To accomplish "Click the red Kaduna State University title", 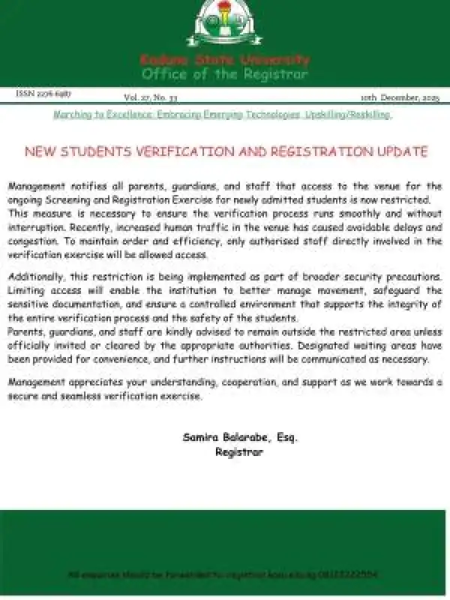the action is (x=224, y=60).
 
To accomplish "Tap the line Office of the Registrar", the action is (x=224, y=74).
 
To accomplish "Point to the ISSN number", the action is (x=43, y=95).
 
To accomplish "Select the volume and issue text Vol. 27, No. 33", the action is (x=150, y=97).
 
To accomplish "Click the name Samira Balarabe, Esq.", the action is (x=239, y=436).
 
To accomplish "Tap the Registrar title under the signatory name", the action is (x=239, y=451).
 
